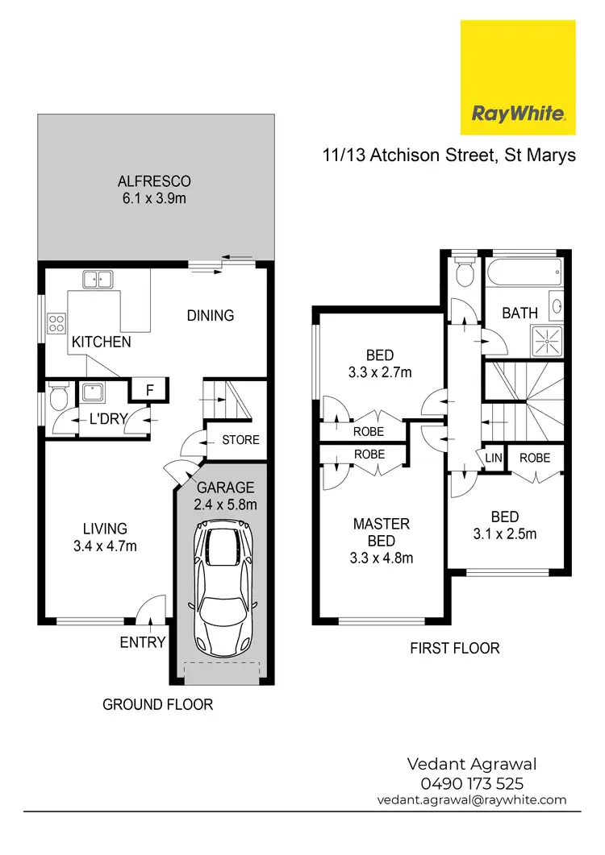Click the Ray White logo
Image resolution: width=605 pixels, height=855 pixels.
pos(517,79)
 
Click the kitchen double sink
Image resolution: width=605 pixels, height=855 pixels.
pos(96,280)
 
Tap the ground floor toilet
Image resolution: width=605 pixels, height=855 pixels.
pos(56,396)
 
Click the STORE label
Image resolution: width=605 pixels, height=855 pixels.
pos(240,440)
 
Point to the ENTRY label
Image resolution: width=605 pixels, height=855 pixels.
pos(143,642)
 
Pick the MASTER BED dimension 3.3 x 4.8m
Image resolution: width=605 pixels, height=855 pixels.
pos(382,556)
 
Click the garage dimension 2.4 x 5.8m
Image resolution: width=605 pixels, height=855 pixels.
pos(226,505)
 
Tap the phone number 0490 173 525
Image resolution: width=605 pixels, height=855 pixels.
pos(472,783)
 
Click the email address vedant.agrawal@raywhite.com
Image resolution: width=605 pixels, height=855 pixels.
pos(472,800)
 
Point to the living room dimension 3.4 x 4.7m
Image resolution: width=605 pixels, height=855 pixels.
pos(106,546)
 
